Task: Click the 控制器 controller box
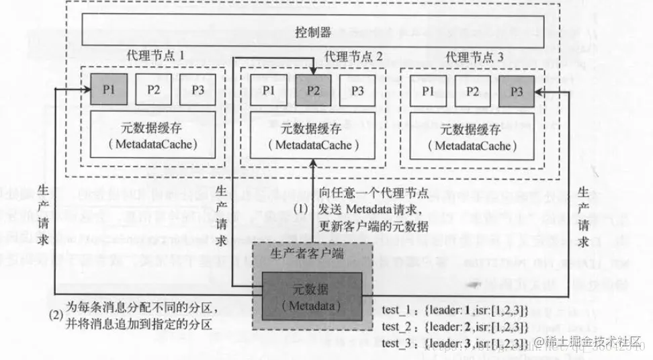314,32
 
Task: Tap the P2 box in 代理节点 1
153,89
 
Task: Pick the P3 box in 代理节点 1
198,89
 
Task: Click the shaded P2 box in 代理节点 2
313,89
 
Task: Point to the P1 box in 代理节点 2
269,89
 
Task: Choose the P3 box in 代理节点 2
357,89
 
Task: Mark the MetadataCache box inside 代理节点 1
153,134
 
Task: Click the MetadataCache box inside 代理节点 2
313,136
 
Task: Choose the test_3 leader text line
455,343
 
